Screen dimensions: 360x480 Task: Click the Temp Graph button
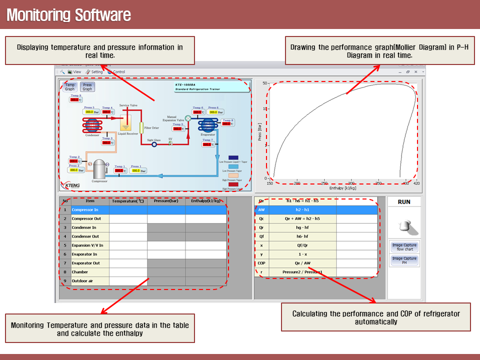(70, 87)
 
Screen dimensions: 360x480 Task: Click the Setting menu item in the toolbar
(94, 72)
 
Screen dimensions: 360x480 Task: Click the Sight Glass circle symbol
(154, 144)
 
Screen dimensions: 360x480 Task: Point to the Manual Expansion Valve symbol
(188, 117)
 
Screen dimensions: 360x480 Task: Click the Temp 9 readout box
(75, 99)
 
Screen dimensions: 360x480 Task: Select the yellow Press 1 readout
(137, 170)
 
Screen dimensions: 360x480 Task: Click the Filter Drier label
(151, 128)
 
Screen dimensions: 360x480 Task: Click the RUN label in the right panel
(404, 202)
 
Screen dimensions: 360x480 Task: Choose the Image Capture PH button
(404, 260)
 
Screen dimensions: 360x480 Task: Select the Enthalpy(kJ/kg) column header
(205, 201)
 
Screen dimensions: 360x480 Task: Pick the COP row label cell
(261, 263)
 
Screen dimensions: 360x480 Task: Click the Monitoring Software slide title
(68, 15)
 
